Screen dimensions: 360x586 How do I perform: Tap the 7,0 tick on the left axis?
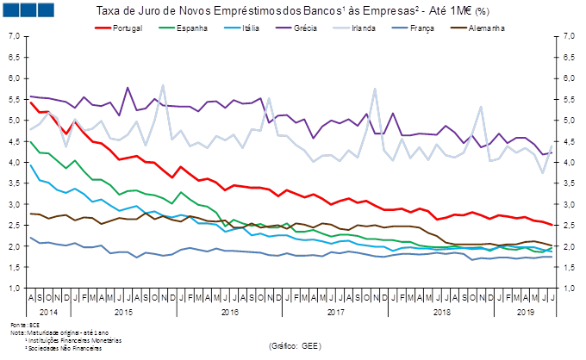coord(15,36)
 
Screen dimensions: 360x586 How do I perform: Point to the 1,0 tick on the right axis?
coord(570,289)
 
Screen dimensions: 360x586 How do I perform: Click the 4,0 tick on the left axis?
coord(15,162)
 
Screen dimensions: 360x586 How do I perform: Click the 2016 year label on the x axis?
coord(231,313)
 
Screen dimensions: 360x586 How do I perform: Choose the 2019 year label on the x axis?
coord(524,313)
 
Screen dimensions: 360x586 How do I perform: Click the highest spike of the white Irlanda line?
coord(163,85)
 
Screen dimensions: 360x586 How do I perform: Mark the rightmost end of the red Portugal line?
coord(552,226)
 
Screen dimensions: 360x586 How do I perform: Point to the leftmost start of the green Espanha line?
coord(31,141)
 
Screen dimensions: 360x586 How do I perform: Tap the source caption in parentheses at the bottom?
coord(295,345)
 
